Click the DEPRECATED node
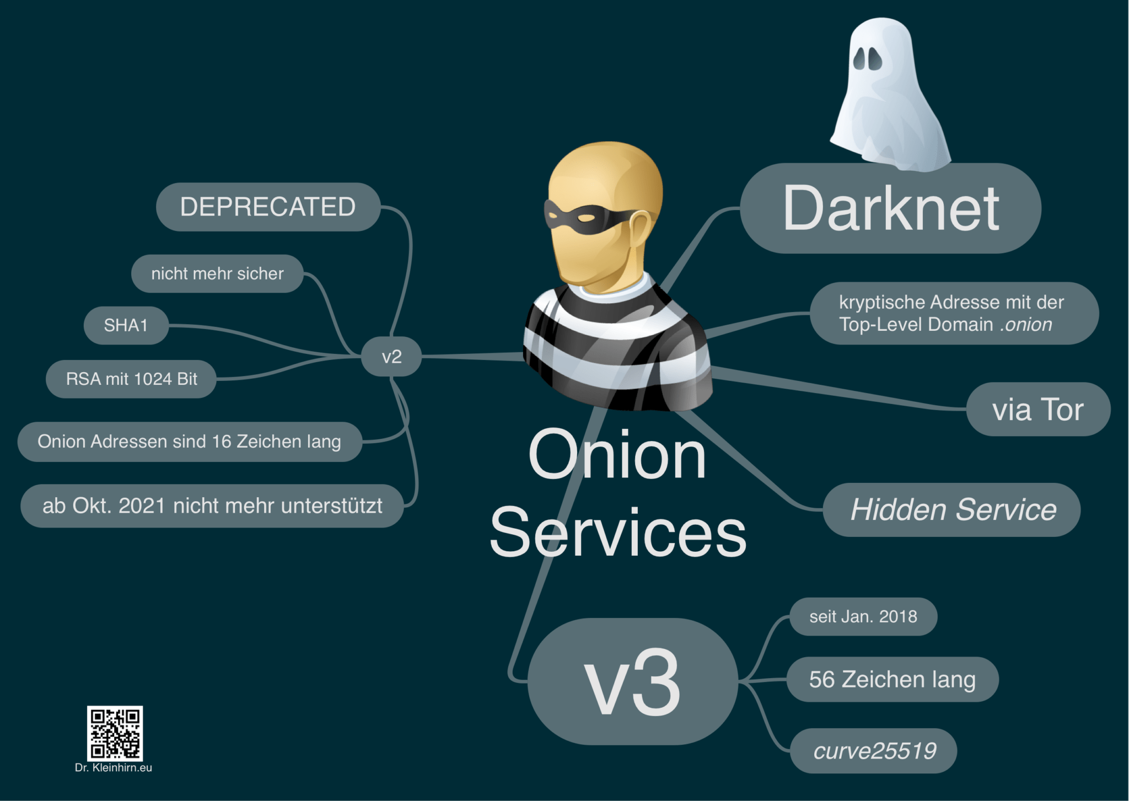[x=268, y=207]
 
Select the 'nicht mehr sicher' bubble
[x=217, y=273]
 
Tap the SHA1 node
[x=126, y=325]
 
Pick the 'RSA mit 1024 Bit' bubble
[x=131, y=379]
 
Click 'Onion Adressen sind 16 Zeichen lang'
[x=189, y=442]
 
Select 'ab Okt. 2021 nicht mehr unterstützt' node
[x=212, y=506]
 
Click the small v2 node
[x=391, y=357]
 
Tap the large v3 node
[x=632, y=681]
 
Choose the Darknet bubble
[x=890, y=208]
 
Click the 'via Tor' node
[x=1037, y=410]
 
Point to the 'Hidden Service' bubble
[x=953, y=509]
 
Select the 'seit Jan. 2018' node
[x=863, y=616]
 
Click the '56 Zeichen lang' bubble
[x=892, y=679]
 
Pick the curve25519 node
[x=874, y=751]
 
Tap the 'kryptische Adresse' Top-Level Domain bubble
[x=954, y=313]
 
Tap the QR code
[x=115, y=733]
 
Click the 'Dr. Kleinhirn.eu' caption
[x=114, y=768]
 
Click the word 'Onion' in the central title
[x=617, y=455]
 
